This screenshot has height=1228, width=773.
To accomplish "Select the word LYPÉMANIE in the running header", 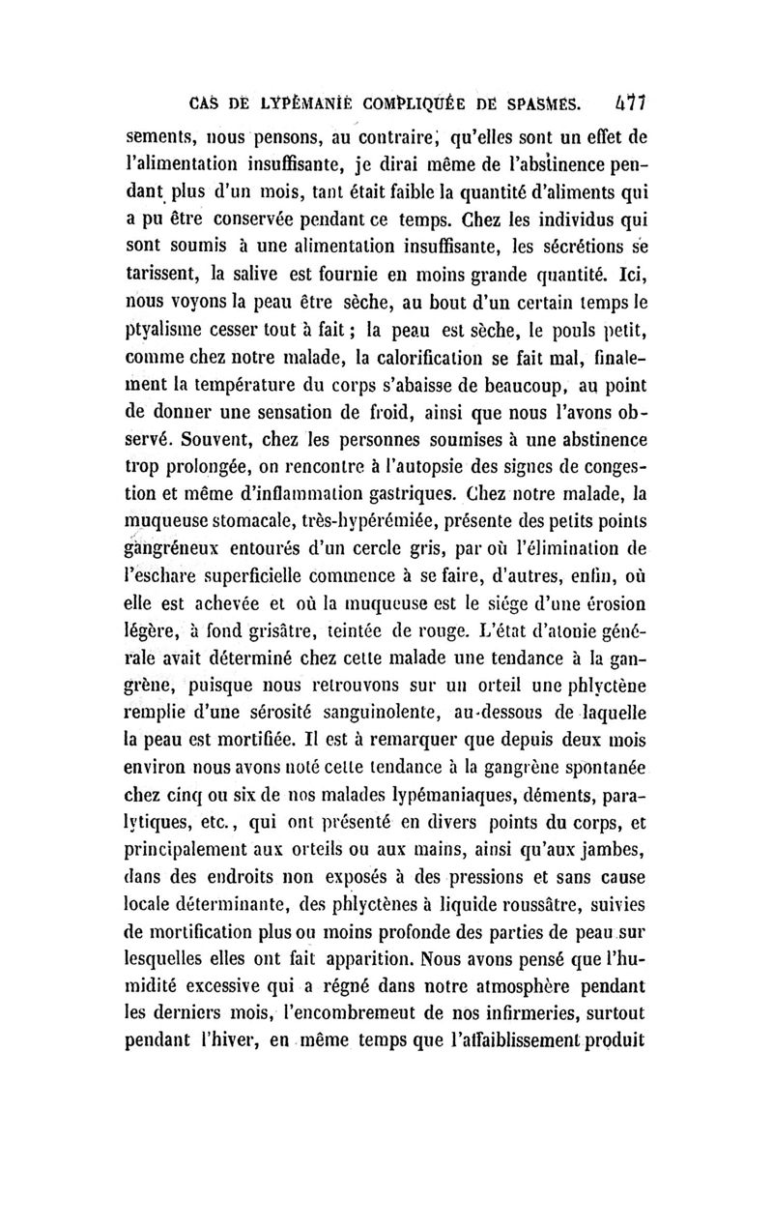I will pos(280,100).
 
